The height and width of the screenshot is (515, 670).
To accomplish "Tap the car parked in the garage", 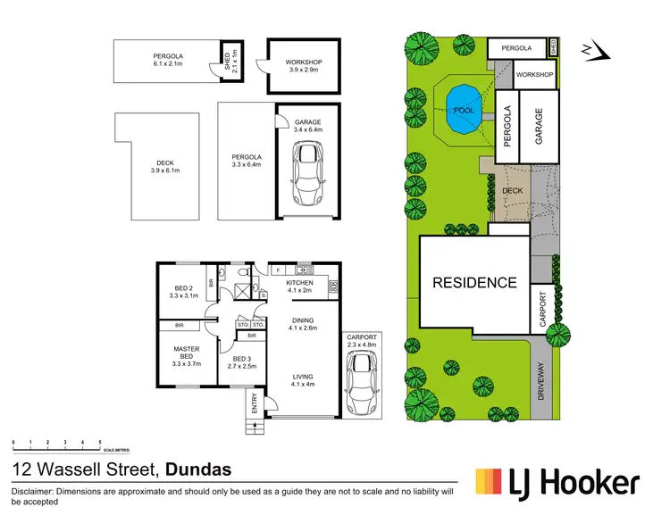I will point(307,175).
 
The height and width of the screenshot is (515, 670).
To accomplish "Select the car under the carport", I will point(363,385).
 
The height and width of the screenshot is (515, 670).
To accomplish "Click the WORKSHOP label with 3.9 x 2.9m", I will point(303,65).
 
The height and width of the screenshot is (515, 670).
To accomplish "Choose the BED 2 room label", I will point(182,291).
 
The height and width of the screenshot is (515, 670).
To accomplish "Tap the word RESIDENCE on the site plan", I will point(474,283).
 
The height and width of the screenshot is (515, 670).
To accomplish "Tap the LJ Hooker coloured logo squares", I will point(490,483).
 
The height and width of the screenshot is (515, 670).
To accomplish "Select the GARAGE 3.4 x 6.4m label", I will point(307,127).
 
